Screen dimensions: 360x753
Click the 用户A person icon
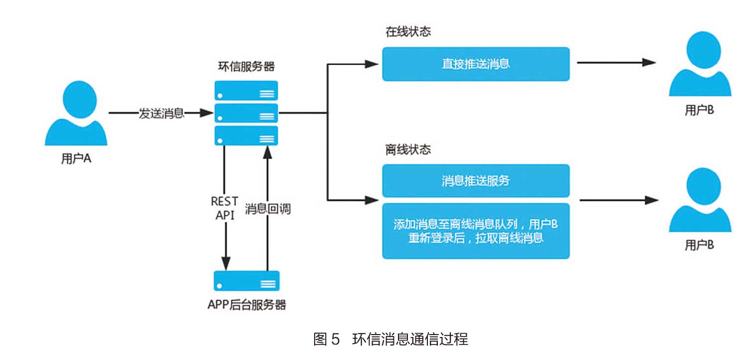pos(76,114)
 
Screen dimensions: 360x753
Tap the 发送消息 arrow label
pos(161,113)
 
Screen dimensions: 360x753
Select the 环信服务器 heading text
pos(246,67)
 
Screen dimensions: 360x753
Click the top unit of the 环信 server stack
pos(246,91)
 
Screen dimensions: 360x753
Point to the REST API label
pos(225,208)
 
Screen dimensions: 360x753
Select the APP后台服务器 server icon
pos(246,281)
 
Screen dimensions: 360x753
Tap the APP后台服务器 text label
pos(246,305)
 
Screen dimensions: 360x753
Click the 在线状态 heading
pos(408,32)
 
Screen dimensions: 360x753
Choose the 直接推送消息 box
pos(476,64)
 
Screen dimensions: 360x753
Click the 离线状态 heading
pos(408,150)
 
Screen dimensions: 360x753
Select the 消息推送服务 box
pos(476,180)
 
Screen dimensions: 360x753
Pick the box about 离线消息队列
pos(476,231)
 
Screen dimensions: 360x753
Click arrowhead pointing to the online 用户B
pos(649,63)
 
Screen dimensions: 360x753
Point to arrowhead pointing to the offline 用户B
pos(651,200)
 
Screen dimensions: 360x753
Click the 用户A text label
pos(76,159)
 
